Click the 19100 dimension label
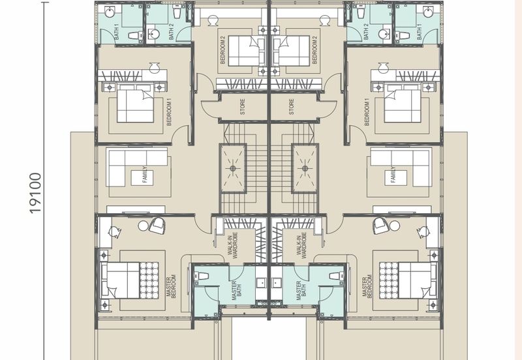[35, 193]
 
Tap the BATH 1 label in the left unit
[117, 32]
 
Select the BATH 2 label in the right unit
[365, 32]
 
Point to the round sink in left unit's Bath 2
[153, 34]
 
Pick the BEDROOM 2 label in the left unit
[223, 50]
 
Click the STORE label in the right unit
[292, 107]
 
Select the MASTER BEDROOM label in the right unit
[367, 286]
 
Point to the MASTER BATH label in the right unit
[301, 290]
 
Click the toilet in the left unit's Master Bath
[202, 276]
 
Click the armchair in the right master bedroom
[380, 226]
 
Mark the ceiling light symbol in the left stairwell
[233, 168]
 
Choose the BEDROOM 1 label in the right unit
[367, 112]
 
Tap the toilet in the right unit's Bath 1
[402, 35]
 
